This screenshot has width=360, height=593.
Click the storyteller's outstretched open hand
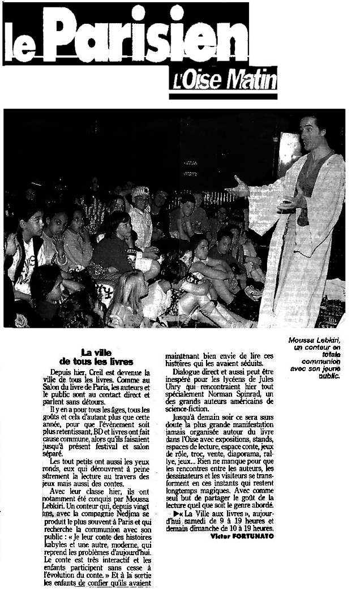(238, 187)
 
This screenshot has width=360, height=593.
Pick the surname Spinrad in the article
(245, 394)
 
